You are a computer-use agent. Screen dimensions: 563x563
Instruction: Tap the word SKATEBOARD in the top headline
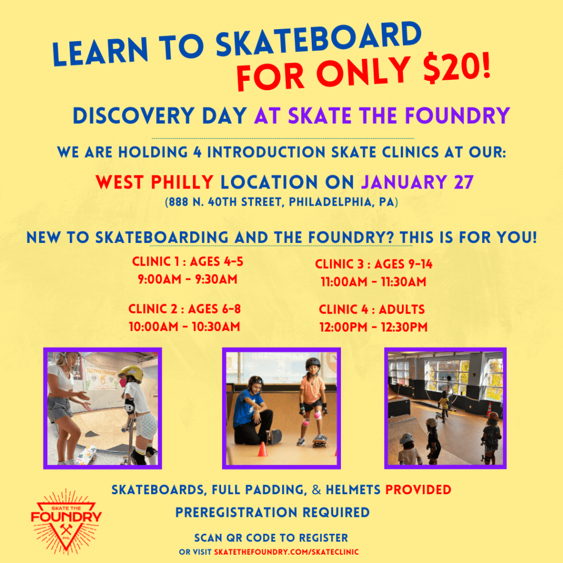pyautogui.click(x=318, y=39)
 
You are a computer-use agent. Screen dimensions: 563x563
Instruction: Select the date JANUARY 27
pyautogui.click(x=417, y=182)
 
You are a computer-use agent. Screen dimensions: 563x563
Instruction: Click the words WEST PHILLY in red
pyautogui.click(x=154, y=182)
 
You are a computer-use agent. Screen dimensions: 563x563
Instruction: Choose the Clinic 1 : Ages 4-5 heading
pyautogui.click(x=187, y=261)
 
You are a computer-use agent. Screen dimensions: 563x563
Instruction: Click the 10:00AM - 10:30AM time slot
pyautogui.click(x=184, y=327)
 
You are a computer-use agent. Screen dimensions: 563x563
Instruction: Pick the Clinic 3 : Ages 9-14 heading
pyautogui.click(x=373, y=264)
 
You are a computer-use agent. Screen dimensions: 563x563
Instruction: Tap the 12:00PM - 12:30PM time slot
pyautogui.click(x=373, y=327)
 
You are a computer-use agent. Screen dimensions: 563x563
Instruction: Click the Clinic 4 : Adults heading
pyautogui.click(x=372, y=309)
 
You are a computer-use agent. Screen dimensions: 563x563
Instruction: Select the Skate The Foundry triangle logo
pyautogui.click(x=67, y=521)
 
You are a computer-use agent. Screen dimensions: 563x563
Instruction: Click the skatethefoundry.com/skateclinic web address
pyautogui.click(x=286, y=552)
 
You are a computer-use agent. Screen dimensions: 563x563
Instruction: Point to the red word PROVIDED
pyautogui.click(x=418, y=490)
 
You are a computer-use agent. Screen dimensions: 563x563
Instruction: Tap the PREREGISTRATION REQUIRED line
pyautogui.click(x=272, y=512)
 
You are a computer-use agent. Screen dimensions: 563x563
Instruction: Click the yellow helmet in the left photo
pyautogui.click(x=131, y=373)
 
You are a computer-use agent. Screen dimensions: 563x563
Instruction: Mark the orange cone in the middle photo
pyautogui.click(x=262, y=449)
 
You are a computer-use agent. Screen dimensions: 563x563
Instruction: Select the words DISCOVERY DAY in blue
pyautogui.click(x=160, y=115)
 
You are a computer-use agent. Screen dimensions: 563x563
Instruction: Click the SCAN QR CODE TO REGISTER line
pyautogui.click(x=271, y=538)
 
